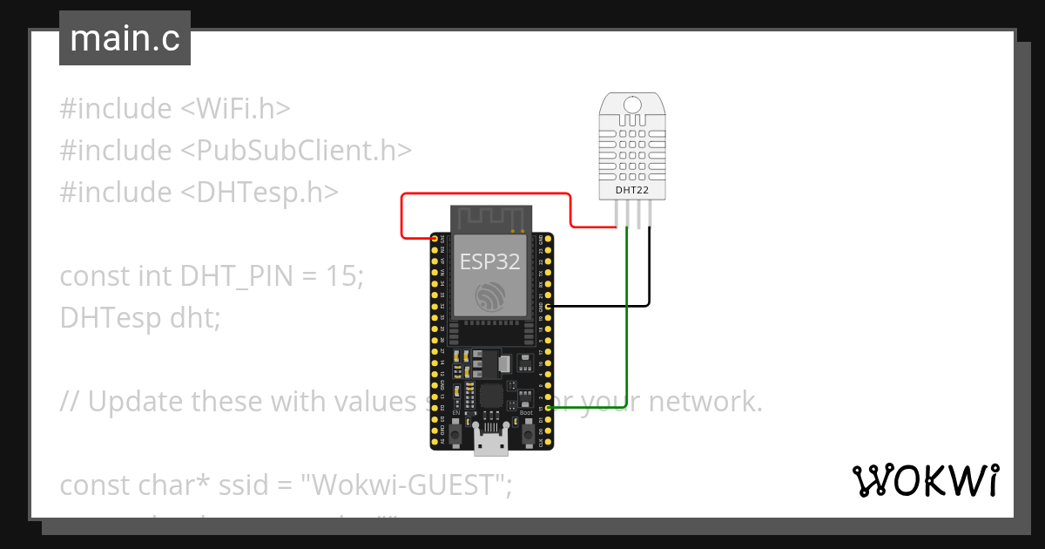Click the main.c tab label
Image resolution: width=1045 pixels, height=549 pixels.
[x=125, y=39]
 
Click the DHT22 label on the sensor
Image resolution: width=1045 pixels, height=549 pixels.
[x=633, y=188]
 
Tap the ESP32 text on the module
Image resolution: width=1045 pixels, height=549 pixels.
[x=490, y=261]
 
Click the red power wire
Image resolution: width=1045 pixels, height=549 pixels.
[x=488, y=194]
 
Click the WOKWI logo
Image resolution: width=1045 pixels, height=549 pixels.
[x=925, y=480]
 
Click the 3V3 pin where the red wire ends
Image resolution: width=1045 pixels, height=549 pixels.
[x=435, y=238]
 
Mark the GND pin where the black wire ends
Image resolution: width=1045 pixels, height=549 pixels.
[x=548, y=306]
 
